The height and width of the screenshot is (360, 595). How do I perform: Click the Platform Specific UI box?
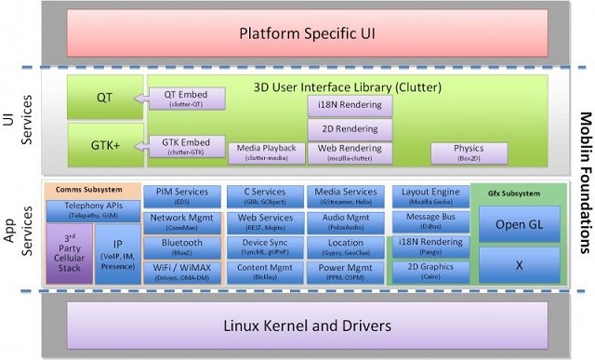298,35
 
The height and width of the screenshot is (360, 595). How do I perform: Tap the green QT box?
104,98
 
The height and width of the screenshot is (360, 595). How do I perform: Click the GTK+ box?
104,145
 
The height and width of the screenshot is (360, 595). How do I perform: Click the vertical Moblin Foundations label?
584,177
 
